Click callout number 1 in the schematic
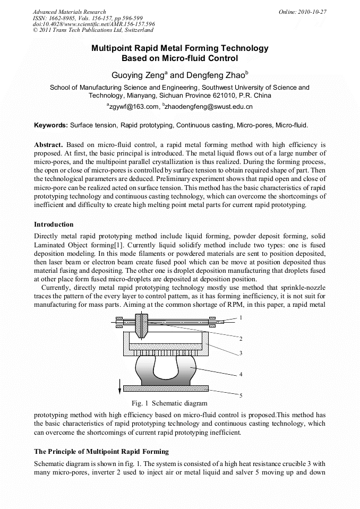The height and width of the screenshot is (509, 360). [241, 317]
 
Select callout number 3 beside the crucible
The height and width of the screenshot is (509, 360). [241, 352]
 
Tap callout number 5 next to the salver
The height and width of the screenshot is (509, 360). [241, 395]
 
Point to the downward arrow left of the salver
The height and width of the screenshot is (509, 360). [119, 383]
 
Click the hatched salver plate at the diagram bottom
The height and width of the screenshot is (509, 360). [165, 388]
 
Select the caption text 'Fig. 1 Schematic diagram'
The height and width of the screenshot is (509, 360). [162, 403]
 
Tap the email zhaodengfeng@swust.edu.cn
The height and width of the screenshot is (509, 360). [209, 107]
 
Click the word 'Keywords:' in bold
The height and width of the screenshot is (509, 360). [51, 125]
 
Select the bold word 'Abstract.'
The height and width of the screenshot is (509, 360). [49, 144]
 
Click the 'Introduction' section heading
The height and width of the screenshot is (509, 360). [54, 225]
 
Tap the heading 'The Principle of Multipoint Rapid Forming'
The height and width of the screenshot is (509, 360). [101, 452]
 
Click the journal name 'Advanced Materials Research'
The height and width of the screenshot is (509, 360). [69, 12]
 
